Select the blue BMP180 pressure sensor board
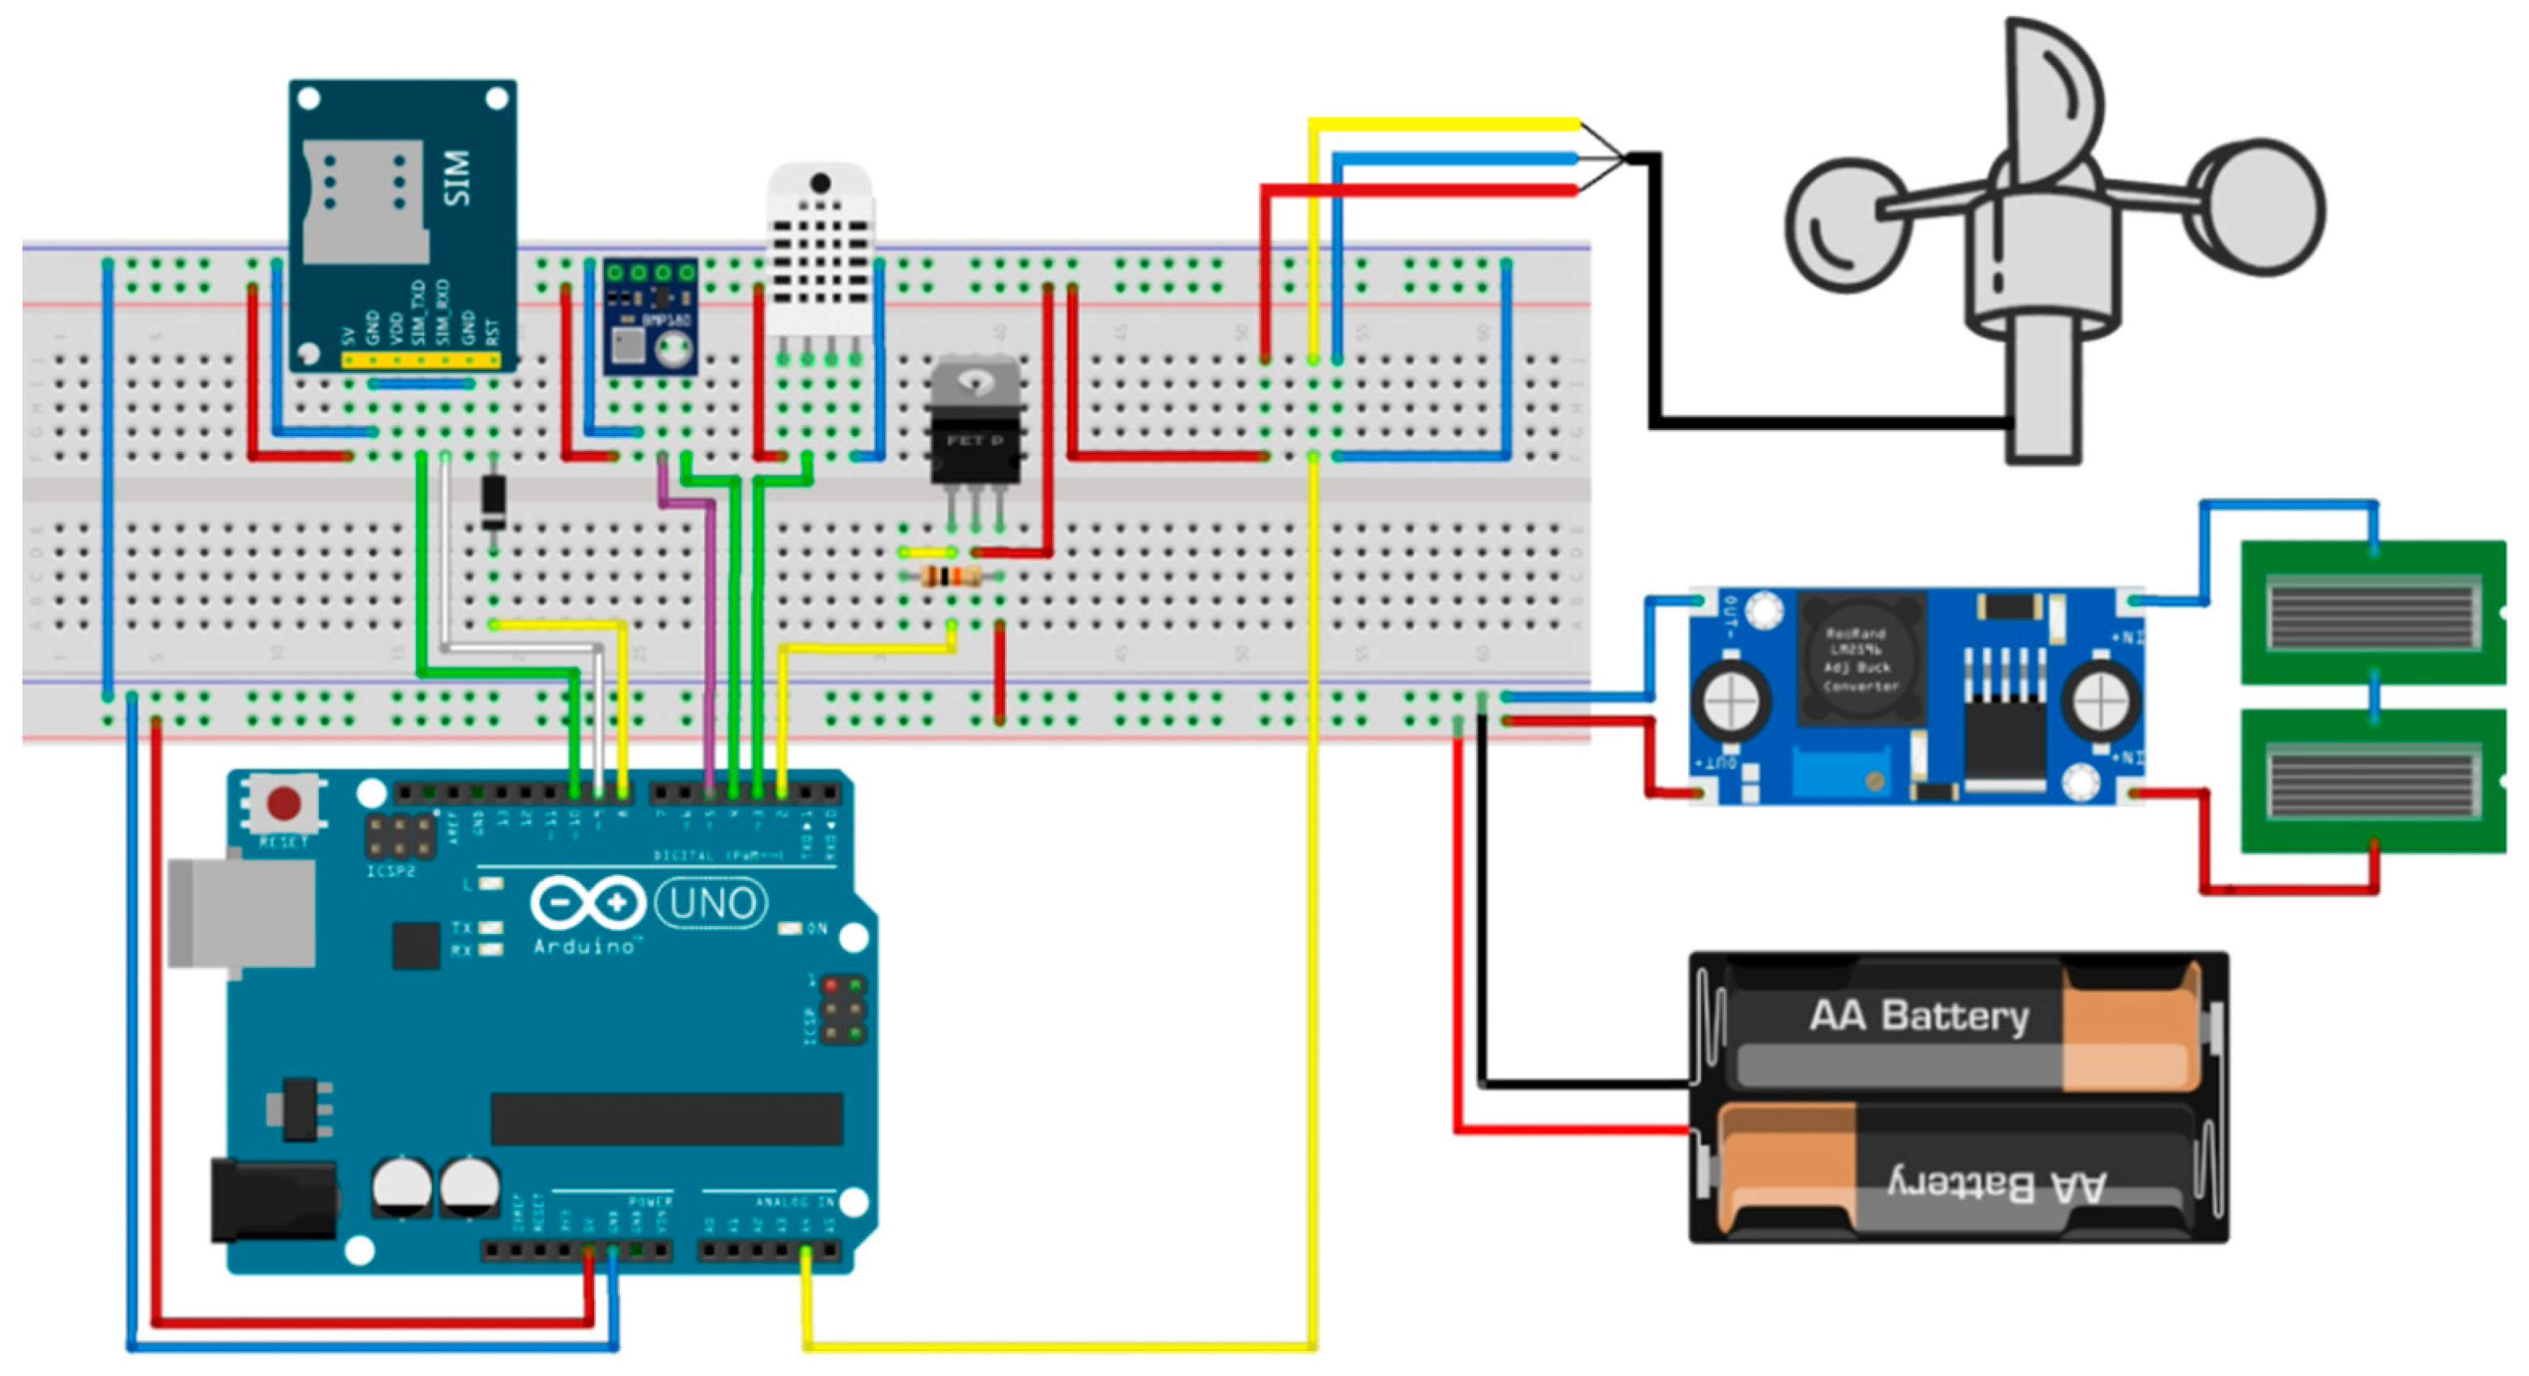click(650, 316)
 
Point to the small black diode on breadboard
click(493, 501)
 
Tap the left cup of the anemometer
click(1846, 225)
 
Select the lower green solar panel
click(2372, 781)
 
